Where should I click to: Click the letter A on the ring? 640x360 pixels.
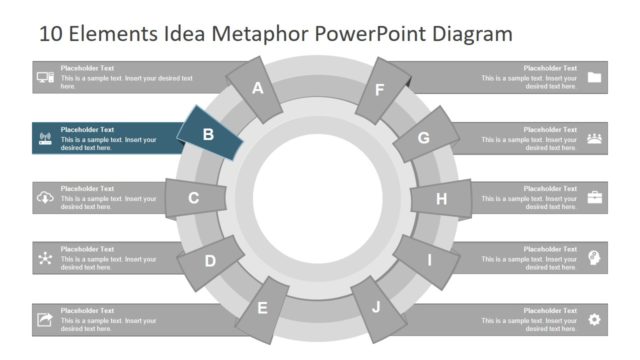pyautogui.click(x=258, y=88)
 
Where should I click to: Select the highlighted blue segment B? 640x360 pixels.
pyautogui.click(x=209, y=134)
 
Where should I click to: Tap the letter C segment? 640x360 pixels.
pyautogui.click(x=194, y=198)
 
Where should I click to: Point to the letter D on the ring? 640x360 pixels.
pyautogui.click(x=210, y=262)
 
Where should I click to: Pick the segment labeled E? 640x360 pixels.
pyautogui.click(x=263, y=308)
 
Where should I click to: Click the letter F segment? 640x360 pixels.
pyautogui.click(x=379, y=90)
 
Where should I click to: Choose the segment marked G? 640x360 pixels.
pyautogui.click(x=424, y=138)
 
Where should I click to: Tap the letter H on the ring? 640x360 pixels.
pyautogui.click(x=441, y=198)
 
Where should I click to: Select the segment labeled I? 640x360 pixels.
pyautogui.click(x=430, y=261)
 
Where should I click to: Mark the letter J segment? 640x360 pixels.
pyautogui.click(x=376, y=307)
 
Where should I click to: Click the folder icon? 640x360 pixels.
pyautogui.click(x=595, y=77)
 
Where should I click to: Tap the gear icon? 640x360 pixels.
pyautogui.click(x=595, y=319)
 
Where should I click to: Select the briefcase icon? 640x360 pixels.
pyautogui.click(x=595, y=197)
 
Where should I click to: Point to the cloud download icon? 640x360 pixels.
pyautogui.click(x=45, y=198)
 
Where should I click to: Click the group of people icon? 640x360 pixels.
pyautogui.click(x=595, y=138)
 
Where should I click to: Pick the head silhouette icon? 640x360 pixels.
pyautogui.click(x=595, y=258)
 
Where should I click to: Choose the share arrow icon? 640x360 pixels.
pyautogui.click(x=45, y=319)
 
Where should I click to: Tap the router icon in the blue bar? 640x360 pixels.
pyautogui.click(x=45, y=138)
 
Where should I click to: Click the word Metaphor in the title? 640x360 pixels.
pyautogui.click(x=262, y=34)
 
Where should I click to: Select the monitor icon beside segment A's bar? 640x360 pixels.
pyautogui.click(x=45, y=77)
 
